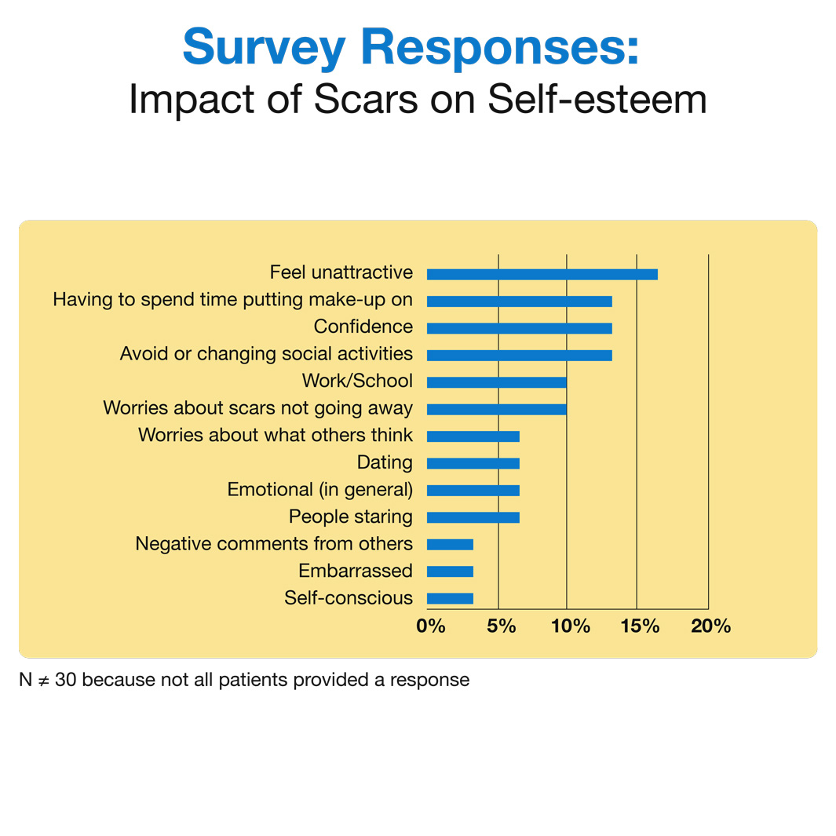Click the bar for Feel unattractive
542,274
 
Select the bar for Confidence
519,328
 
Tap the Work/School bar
496,382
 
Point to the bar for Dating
473,463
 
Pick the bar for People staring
473,517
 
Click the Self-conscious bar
450,598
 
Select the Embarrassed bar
450,571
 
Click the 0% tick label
431,626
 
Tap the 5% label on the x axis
501,626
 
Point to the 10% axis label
570,626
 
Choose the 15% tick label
639,626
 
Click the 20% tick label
710,626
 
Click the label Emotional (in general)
319,490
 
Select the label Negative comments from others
274,543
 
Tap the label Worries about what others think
275,436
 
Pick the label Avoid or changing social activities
266,354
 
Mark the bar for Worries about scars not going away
496,409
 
